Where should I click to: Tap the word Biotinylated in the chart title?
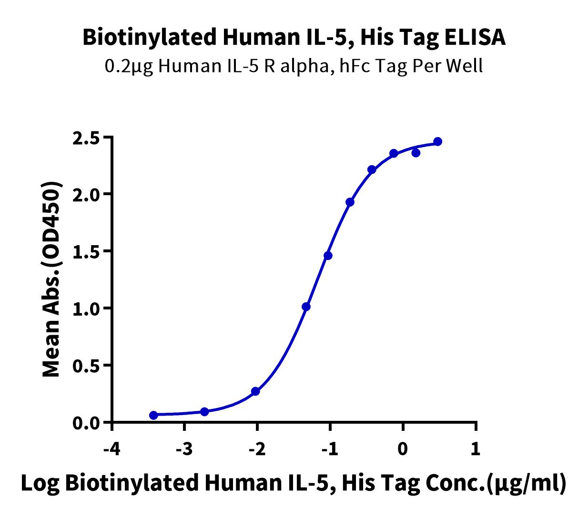(150, 38)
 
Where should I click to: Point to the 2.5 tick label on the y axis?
(89, 139)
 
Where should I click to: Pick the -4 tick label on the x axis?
(112, 449)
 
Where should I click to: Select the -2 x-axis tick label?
(257, 449)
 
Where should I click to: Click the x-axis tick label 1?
(476, 449)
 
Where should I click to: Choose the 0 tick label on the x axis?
(403, 449)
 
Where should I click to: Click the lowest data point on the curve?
(153, 415)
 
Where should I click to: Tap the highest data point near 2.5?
(437, 142)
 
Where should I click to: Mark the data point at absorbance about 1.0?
(306, 307)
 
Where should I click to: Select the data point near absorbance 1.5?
(328, 256)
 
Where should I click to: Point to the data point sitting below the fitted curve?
(416, 153)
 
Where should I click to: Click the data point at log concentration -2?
(255, 391)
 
